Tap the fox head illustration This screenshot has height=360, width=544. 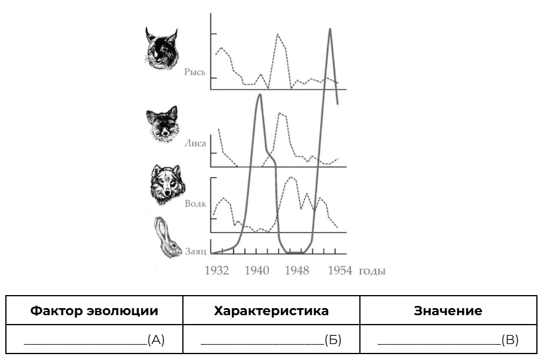[162, 125]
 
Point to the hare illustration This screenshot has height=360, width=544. [167, 237]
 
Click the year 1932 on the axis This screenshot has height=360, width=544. [219, 271]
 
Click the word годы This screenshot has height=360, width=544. [371, 271]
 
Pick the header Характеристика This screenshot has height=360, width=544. [271, 310]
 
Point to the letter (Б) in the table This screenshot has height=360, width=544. [332, 339]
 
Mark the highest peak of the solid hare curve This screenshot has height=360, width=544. [329, 28]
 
